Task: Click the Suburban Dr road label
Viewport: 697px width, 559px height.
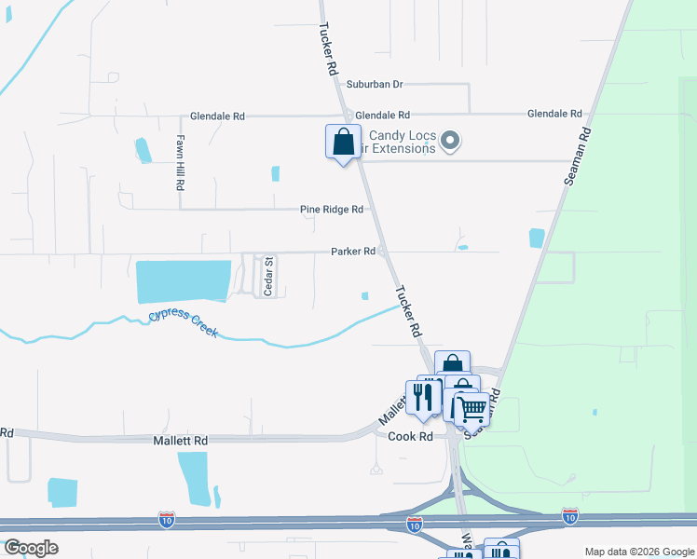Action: (374, 84)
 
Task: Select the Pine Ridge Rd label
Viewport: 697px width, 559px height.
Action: (331, 210)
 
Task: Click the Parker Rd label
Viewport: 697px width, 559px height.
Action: (353, 252)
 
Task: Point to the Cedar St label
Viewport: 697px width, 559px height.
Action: (267, 277)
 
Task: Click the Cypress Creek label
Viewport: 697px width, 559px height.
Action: (183, 323)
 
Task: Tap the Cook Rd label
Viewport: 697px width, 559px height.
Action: (411, 436)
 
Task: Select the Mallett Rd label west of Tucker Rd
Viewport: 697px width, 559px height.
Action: (181, 439)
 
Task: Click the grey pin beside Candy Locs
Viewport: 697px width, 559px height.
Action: (451, 142)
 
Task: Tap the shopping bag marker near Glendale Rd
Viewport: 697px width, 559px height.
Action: (343, 143)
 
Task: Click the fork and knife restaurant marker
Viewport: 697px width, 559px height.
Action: (425, 398)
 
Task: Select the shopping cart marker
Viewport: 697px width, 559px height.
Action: (471, 408)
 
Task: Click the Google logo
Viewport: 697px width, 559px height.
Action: (31, 548)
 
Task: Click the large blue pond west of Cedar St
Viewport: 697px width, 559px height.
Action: (183, 281)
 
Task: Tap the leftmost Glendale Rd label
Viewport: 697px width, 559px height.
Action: (216, 116)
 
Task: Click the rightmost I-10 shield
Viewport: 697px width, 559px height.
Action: (569, 515)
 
